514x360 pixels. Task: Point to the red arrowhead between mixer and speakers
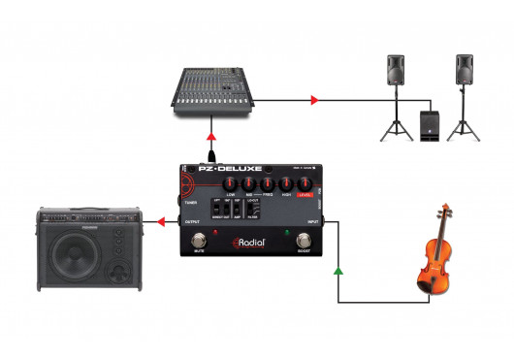(312, 100)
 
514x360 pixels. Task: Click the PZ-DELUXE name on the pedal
(225, 169)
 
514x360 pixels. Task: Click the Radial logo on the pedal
(252, 242)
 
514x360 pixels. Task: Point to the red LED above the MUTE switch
(200, 231)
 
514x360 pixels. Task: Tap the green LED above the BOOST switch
(288, 231)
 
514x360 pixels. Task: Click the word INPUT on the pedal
(313, 222)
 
